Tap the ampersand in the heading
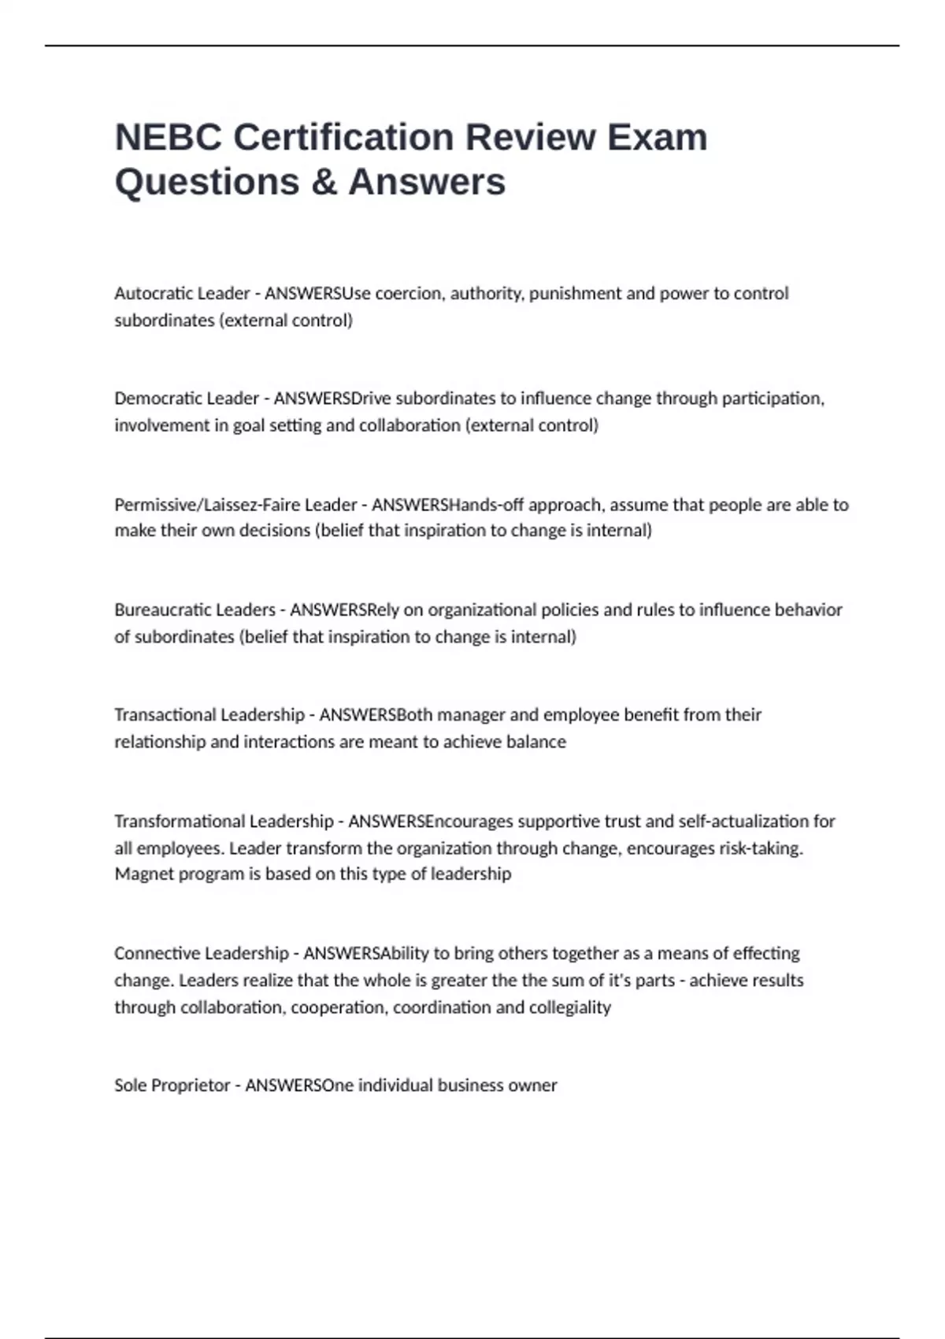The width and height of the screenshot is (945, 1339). [324, 182]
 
